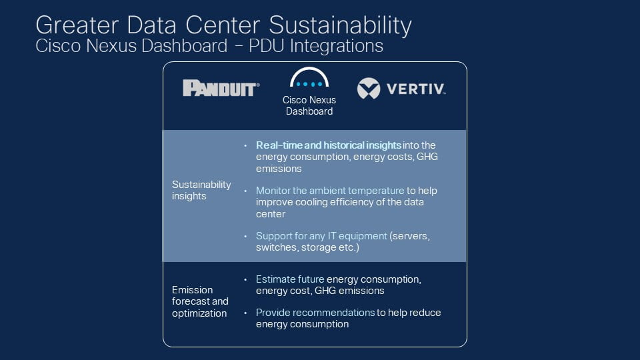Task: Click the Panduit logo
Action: (221, 88)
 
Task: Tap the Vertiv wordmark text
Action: (416, 89)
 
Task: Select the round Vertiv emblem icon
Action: (369, 88)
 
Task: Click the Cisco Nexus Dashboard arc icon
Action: (309, 77)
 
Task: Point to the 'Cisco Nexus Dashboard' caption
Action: (309, 105)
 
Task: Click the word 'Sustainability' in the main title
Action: (340, 25)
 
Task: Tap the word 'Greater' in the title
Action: (77, 25)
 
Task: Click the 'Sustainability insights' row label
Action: (201, 190)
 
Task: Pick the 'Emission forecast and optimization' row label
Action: (200, 301)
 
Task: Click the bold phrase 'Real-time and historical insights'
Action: (328, 145)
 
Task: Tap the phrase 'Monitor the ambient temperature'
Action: (330, 190)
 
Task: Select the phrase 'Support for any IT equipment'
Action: (321, 235)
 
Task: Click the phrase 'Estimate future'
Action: (290, 279)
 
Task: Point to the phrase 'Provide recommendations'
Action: (315, 312)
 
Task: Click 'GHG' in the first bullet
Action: (427, 157)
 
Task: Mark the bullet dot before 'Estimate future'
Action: (245, 279)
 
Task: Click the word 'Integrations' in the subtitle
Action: (336, 46)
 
